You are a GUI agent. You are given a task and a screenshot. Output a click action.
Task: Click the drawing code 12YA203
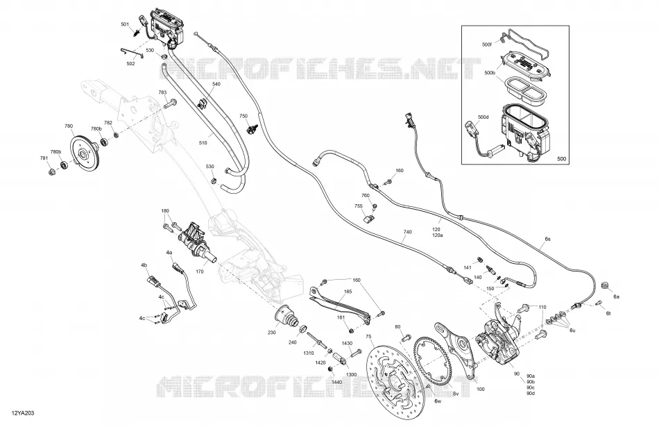pyautogui.click(x=23, y=413)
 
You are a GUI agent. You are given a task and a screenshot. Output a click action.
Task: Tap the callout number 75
pyautogui.click(x=368, y=336)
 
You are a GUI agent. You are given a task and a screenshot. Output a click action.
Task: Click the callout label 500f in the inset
pyautogui.click(x=487, y=44)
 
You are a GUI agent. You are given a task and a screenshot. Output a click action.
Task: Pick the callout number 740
pyautogui.click(x=407, y=232)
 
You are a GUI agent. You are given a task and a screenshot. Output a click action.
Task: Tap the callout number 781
pyautogui.click(x=44, y=158)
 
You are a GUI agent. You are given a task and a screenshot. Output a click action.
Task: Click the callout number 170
pyautogui.click(x=200, y=271)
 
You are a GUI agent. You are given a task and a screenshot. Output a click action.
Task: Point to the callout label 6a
pyautogui.click(x=616, y=297)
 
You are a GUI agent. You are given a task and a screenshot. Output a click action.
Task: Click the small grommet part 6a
pyautogui.click(x=606, y=285)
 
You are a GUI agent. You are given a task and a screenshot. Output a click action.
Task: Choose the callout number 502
pyautogui.click(x=130, y=63)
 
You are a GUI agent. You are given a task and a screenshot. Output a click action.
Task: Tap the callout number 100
pyautogui.click(x=481, y=389)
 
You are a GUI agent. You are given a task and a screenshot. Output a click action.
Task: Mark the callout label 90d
pyautogui.click(x=531, y=394)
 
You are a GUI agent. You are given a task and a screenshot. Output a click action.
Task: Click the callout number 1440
pyautogui.click(x=336, y=382)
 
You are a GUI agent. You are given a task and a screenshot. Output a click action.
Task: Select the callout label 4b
pyautogui.click(x=144, y=265)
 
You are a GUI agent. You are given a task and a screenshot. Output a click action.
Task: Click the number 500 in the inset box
pyautogui.click(x=561, y=159)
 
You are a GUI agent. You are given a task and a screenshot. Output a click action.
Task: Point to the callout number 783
pyautogui.click(x=162, y=92)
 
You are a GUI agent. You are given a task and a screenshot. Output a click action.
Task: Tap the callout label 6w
pyautogui.click(x=438, y=401)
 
